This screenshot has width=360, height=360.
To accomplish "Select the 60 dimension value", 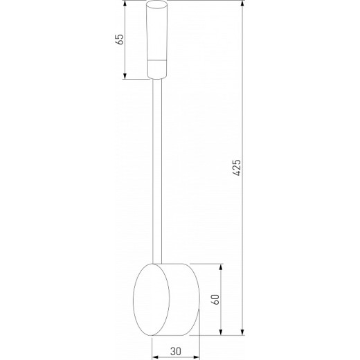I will tap(215, 299).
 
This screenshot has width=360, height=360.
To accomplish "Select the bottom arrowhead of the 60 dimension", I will tap(222, 330).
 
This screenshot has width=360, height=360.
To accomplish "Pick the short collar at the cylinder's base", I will tap(158, 69).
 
